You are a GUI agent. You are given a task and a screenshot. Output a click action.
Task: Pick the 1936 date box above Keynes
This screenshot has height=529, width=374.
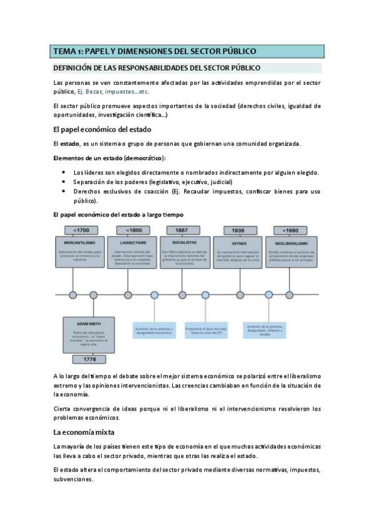[x=239, y=230]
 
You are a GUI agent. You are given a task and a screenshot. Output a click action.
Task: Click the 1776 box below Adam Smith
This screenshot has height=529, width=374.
[x=89, y=359]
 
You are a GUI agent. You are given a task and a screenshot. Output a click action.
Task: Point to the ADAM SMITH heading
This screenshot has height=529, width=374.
[x=89, y=324]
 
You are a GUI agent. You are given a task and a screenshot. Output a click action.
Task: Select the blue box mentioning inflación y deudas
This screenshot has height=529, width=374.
[x=265, y=330]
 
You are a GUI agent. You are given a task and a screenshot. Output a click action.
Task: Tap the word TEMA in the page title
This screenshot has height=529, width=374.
[x=63, y=51]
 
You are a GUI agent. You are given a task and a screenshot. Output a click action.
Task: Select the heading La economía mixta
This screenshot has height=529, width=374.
[x=84, y=432]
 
